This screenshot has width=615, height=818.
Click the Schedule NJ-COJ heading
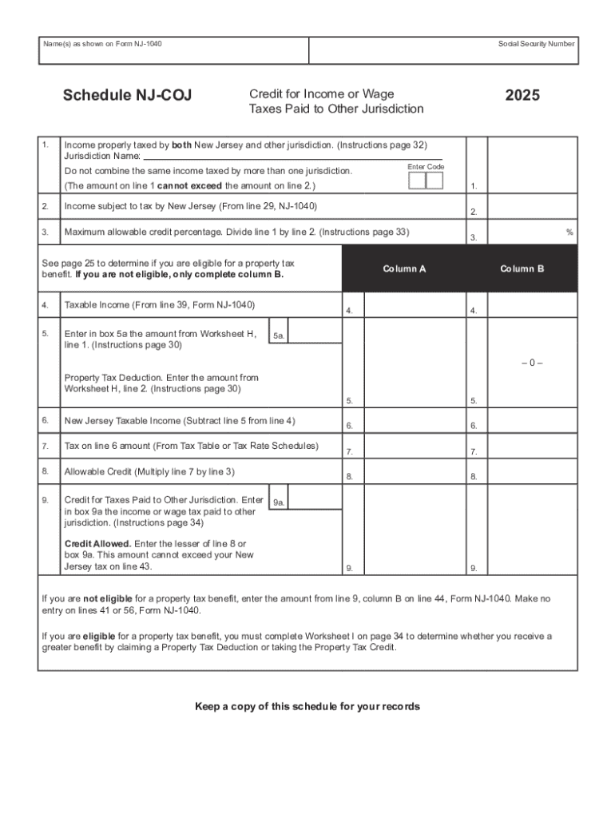(127, 97)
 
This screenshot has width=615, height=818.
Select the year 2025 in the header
(522, 96)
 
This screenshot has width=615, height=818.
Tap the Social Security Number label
(536, 43)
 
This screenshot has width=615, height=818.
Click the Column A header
(404, 269)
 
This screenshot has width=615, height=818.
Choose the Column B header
(522, 269)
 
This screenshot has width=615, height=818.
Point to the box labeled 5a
(279, 336)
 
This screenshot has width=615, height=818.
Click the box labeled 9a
(279, 502)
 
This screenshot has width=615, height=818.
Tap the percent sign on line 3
(569, 232)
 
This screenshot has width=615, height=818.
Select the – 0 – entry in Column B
(532, 363)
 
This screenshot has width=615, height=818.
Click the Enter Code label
(426, 166)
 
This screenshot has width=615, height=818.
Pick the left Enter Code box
(416, 181)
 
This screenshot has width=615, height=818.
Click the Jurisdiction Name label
(102, 156)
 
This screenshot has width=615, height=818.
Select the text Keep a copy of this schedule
(307, 707)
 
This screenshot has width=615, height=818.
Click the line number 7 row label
(46, 445)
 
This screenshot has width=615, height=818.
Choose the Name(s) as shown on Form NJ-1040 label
(102, 43)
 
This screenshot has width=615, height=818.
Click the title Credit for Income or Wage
(321, 94)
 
